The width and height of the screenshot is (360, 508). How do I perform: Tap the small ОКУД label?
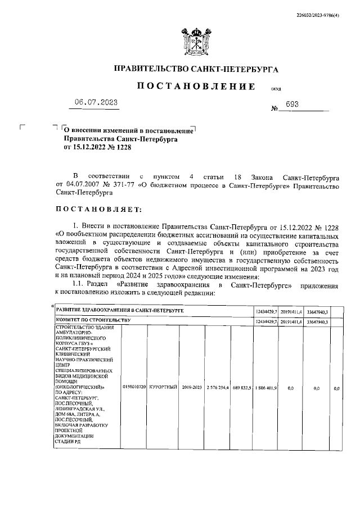pyautogui.click(x=276, y=90)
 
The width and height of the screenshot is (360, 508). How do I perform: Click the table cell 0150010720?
pyautogui.click(x=134, y=388)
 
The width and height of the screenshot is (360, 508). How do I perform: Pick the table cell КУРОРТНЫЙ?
pyautogui.click(x=163, y=388)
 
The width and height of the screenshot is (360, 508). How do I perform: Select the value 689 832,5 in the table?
pyautogui.click(x=242, y=388)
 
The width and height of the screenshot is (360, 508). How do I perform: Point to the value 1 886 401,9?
pyautogui.click(x=267, y=388)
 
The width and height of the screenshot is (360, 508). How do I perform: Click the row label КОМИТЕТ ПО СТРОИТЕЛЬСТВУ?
pyautogui.click(x=93, y=320)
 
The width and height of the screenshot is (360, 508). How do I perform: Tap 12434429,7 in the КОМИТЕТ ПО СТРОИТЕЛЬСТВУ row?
pyautogui.click(x=267, y=320)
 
